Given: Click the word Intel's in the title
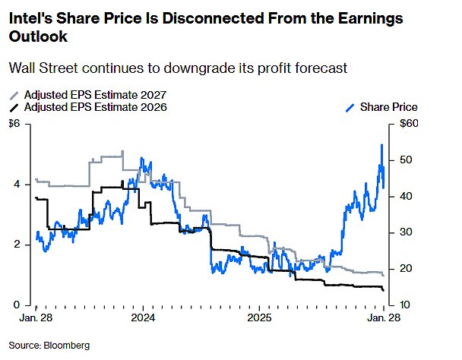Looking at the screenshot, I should tap(28, 17).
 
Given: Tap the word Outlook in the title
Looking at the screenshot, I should tap(36, 35).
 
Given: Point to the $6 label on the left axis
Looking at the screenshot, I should tap(14, 124).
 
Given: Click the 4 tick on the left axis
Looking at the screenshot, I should tap(16, 185).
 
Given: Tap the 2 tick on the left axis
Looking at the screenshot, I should tap(16, 245).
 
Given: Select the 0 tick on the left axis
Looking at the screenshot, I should tap(16, 305).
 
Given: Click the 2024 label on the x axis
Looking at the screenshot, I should tap(142, 318).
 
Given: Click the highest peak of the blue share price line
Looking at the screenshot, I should tap(381, 144).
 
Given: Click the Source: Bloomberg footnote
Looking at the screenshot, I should tap(49, 346).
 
